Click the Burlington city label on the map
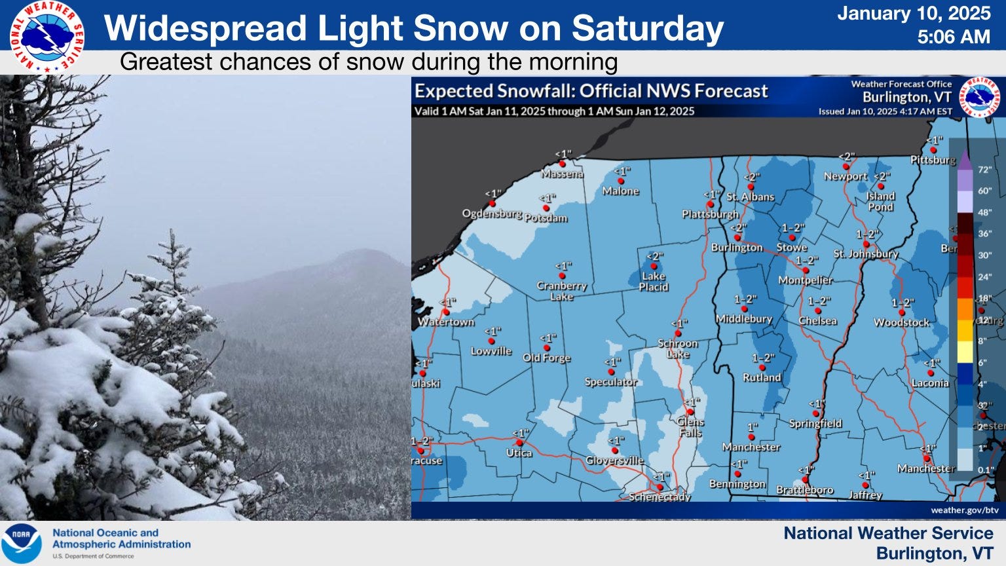pos(737,248)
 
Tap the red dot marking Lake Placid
pos(654,267)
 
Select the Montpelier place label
pos(805,280)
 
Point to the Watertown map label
pos(446,322)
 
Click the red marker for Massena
pos(562,164)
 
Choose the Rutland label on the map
pos(762,378)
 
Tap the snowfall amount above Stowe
pos(792,228)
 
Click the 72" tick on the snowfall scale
pos(984,170)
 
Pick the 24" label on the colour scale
pos(984,277)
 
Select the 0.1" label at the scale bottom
pos(985,470)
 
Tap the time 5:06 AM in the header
pos(953,37)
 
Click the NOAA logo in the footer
pos(21,544)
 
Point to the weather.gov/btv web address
pos(964,510)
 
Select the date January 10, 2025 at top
pos(914,13)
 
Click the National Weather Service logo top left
pos(47,37)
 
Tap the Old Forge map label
pos(546,358)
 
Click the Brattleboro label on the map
pos(804,490)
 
